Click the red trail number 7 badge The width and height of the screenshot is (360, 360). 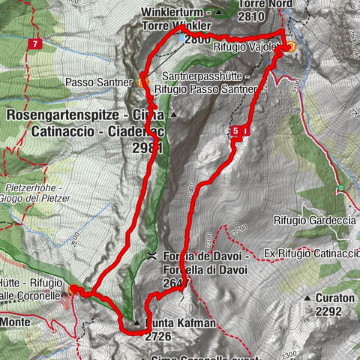pyautogui.click(x=35, y=44)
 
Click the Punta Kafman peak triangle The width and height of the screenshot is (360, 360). pyautogui.click(x=136, y=323)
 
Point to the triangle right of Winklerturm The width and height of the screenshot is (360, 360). pyautogui.click(x=219, y=12)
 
